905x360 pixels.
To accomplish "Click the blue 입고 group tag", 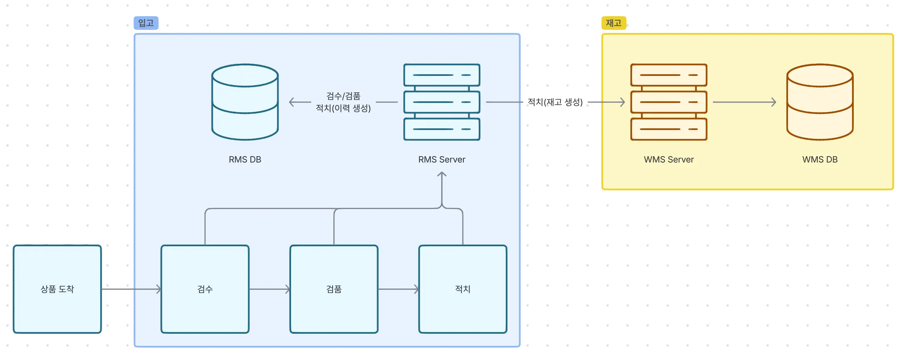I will point(146,23).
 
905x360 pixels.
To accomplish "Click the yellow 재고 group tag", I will point(614,23).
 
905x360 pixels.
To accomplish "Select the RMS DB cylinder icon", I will point(245,102).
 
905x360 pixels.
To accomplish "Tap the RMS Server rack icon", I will point(442,102).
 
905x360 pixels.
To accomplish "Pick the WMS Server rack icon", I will point(668,102).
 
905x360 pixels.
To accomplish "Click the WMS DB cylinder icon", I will point(820,102).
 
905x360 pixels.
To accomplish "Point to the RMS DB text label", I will point(245,159).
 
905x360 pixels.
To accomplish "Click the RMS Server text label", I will point(442,159).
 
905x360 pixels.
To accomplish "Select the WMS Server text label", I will point(668,159).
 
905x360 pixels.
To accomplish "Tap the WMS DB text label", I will point(820,159).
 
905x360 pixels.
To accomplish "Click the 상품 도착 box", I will point(57,289).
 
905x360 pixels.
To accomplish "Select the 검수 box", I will point(205,289).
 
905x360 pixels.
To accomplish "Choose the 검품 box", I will point(334,289).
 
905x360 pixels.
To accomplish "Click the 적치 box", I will point(463,289).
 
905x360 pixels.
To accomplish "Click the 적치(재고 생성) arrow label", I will point(555,102).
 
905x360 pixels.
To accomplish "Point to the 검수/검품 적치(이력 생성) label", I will point(343,102).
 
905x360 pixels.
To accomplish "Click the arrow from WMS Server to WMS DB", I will point(745,102).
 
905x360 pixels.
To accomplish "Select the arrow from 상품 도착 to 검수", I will point(131,289).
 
